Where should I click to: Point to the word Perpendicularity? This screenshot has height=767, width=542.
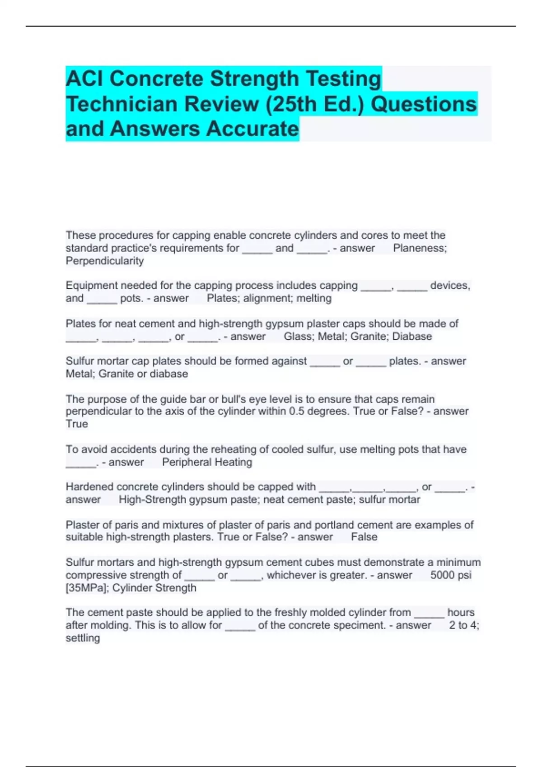(105, 261)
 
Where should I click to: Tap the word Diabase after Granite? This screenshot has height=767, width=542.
(412, 337)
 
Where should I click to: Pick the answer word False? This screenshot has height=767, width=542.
(364, 537)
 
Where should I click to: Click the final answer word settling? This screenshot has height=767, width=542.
(83, 638)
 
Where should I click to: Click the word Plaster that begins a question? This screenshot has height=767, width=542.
(81, 525)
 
